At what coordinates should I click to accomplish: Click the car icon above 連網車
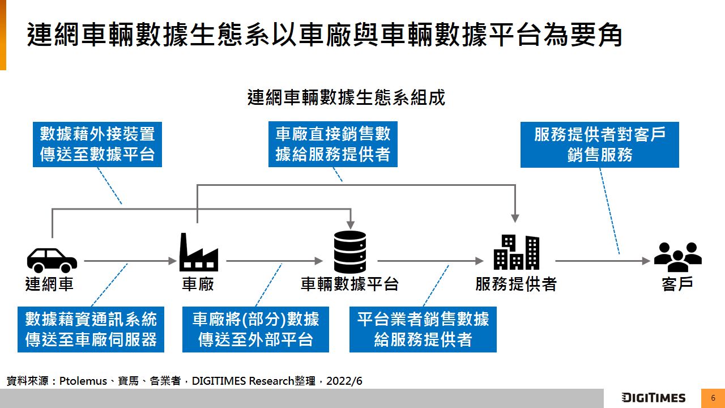coord(52,260)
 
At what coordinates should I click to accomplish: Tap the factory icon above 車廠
coord(198,253)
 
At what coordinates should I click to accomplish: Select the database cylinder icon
coord(350,252)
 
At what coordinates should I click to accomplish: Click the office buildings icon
coord(516,252)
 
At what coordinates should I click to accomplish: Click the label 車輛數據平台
coord(350,284)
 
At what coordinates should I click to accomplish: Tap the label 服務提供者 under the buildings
coord(516,284)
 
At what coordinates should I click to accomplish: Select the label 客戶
coord(677,284)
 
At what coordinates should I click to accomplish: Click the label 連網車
coord(50,284)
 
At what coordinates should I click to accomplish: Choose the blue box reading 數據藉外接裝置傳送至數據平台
coord(97,144)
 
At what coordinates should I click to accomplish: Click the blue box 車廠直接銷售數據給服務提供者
coord(333,144)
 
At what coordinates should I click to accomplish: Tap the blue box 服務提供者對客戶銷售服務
coord(599,144)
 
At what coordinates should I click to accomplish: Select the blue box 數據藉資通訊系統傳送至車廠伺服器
coord(91,329)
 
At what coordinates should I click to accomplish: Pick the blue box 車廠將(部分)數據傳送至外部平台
coord(255,329)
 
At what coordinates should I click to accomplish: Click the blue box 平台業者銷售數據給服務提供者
coord(423,329)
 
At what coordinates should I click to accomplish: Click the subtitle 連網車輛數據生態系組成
coord(346,97)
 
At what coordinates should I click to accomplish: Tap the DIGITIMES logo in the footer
coord(653,397)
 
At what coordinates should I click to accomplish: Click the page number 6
coord(713,398)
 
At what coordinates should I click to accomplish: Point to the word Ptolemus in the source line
coord(83,381)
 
